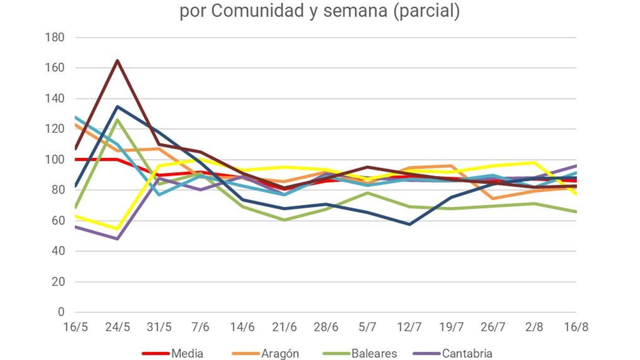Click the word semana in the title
pos(355,11)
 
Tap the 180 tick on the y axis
pos(55,38)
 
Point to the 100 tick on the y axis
pos(55,160)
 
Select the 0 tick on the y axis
pos(61,312)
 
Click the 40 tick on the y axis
pos(58,251)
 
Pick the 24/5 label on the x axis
pos(118,327)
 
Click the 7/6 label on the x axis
pos(200,327)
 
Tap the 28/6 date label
pos(326,327)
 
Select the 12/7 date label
pos(409,327)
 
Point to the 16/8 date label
pos(576,327)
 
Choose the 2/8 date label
pos(534,327)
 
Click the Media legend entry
pos(187,354)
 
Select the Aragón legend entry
pos(280,354)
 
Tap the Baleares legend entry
pos(374,354)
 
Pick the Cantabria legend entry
pos(467,354)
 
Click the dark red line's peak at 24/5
pos(118,61)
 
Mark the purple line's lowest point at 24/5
pos(118,239)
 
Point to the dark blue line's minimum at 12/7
pos(410,224)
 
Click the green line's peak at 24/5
pos(118,120)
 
